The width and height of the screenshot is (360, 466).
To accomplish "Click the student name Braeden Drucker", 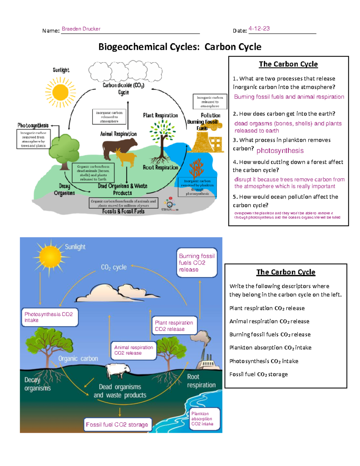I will point(81,29).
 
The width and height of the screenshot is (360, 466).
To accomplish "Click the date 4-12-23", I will point(259,29).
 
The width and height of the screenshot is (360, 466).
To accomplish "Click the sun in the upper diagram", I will point(60,92).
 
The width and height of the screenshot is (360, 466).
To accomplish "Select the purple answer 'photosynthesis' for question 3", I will point(280,151).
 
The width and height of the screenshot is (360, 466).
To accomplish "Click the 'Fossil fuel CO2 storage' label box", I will point(117,424).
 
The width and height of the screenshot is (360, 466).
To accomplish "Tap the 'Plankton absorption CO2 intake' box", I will point(204,419).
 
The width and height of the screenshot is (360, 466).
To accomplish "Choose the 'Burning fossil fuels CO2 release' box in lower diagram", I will point(197,263).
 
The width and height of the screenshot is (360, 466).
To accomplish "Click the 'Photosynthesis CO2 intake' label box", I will point(49,317).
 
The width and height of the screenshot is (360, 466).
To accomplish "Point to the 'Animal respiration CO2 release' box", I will point(133,350).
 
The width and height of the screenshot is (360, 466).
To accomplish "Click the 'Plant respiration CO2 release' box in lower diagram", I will point(174,326).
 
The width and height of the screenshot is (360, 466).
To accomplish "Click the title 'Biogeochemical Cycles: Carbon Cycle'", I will point(180,47).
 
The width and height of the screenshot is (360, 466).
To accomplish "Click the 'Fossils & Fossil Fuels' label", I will point(123,211).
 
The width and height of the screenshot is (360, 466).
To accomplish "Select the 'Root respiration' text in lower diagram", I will point(201,381).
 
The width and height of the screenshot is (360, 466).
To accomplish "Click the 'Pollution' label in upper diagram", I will point(210,115).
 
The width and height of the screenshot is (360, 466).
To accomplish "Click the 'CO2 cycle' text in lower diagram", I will point(114,267).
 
